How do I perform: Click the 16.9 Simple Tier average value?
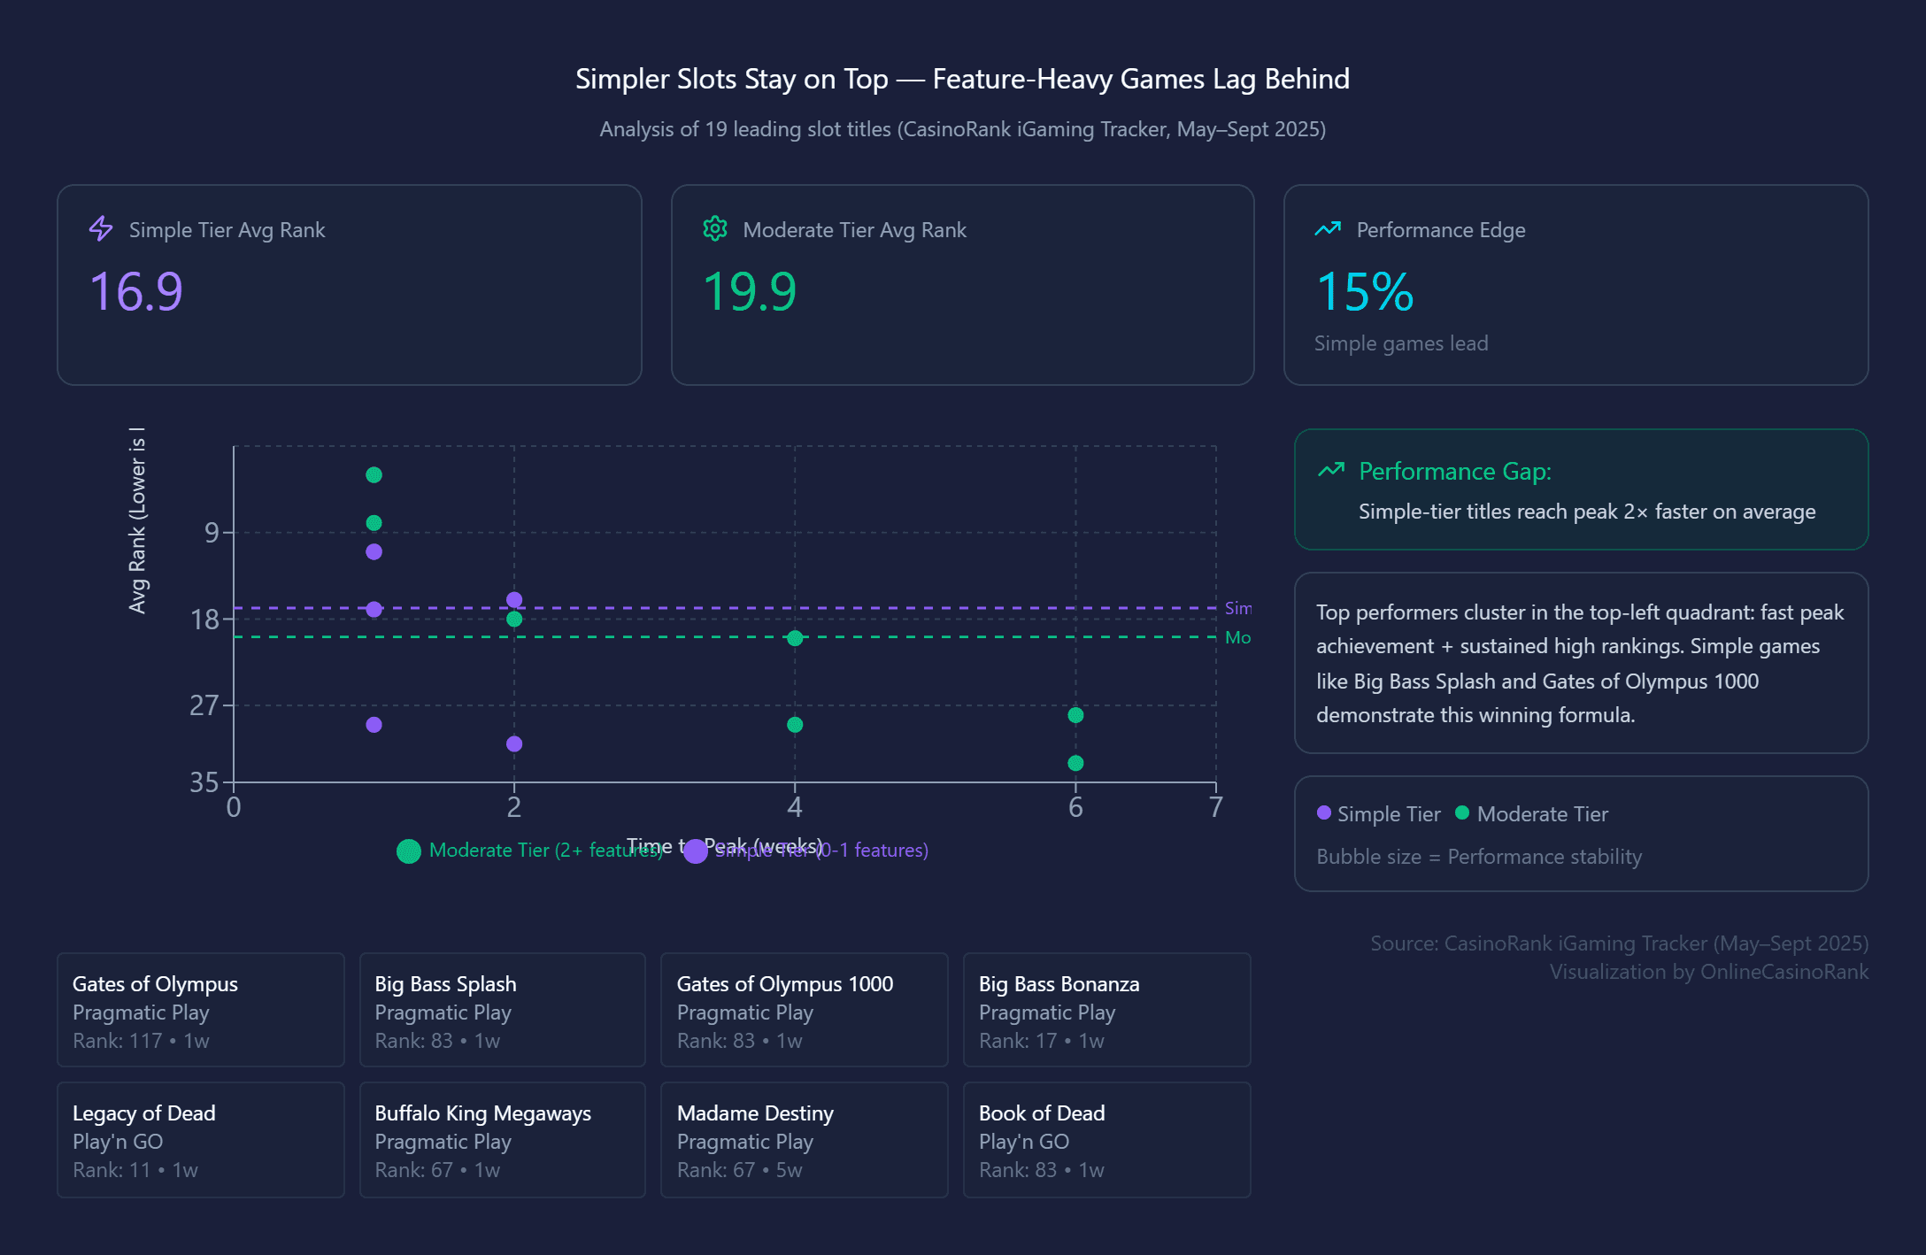[136, 291]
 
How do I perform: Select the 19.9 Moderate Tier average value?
[750, 291]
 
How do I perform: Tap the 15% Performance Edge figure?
[1364, 291]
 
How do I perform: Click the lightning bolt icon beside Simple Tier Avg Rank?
[101, 229]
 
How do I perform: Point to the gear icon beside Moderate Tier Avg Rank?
[715, 229]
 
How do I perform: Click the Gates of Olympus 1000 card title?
[784, 983]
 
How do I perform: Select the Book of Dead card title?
[1041, 1113]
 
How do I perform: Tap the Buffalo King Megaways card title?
[482, 1113]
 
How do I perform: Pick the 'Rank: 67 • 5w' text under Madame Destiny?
[739, 1169]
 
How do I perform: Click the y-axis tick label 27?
[204, 704]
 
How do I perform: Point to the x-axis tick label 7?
[1215, 806]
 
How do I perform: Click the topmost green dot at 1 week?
[374, 475]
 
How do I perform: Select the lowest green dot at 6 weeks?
[1075, 763]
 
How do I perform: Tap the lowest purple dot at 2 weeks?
[514, 743]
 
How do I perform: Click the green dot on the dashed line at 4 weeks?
[795, 638]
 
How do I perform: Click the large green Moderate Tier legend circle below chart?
[408, 851]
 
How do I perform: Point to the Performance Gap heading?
[1454, 471]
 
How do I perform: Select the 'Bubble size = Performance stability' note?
[1478, 856]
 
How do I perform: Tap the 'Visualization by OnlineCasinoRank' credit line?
[1708, 971]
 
